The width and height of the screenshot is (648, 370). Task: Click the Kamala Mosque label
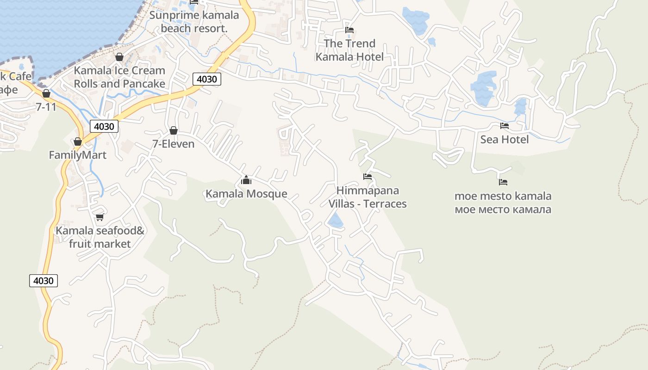pos(246,194)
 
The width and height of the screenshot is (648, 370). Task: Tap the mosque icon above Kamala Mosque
pos(246,180)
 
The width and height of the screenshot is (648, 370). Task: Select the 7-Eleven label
pos(174,144)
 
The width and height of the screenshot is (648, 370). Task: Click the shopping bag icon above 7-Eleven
pos(174,130)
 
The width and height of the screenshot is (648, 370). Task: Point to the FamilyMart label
pos(78,155)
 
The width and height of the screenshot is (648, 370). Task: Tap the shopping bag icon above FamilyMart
pos(78,142)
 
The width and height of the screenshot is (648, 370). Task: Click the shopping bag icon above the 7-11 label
pos(46,93)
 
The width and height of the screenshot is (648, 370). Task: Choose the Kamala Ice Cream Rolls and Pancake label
pos(119,77)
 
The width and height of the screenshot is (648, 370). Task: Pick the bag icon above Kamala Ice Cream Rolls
pos(119,57)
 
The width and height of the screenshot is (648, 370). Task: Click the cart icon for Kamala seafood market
pos(100,217)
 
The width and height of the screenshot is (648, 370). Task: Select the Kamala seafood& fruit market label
pos(100,237)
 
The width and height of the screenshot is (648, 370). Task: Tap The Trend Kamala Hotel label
pos(349,50)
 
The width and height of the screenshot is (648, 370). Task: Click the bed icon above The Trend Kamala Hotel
pos(349,30)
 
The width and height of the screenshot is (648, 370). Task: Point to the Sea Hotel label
pos(504,139)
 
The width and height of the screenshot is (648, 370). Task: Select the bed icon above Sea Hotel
pos(504,126)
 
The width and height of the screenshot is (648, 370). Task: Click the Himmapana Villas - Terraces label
pos(368,197)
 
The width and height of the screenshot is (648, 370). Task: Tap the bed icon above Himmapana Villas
pos(368,177)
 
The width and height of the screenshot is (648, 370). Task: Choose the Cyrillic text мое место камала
pos(503,210)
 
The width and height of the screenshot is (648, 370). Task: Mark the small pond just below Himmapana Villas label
pos(336,221)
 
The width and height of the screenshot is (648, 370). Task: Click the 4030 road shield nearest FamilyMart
pos(104,126)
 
